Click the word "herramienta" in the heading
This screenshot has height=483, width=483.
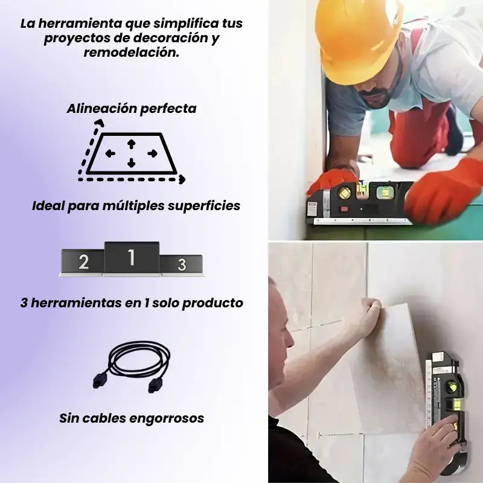point(80,24)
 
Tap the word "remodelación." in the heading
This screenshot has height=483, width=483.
point(132,52)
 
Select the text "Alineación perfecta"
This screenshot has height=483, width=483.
point(132,109)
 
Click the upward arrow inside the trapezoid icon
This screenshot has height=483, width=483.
point(132,144)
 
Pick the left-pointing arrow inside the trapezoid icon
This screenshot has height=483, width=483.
point(110,153)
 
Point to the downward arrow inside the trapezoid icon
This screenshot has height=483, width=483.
point(132,162)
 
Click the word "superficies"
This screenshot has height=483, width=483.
point(204,206)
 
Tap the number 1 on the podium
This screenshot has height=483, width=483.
point(132,257)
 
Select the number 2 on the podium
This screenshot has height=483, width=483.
point(83,262)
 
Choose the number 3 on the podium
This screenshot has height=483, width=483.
point(182,264)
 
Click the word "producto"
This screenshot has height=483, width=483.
point(213,303)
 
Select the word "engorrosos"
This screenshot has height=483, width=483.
point(167,418)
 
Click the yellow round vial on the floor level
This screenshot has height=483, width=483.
point(344,193)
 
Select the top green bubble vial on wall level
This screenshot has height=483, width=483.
point(452,387)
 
